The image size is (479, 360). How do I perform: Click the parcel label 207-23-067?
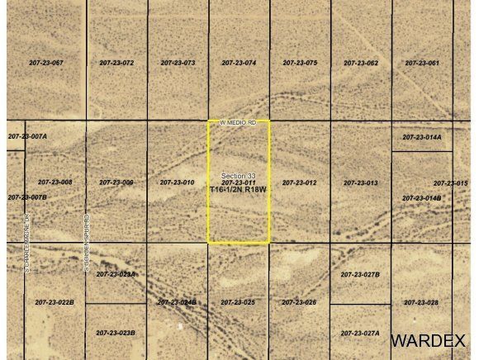(x=45, y=63)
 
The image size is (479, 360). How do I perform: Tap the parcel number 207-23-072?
(x=116, y=63)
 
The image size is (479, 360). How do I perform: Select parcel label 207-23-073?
(x=178, y=63)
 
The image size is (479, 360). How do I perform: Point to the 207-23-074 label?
(x=239, y=63)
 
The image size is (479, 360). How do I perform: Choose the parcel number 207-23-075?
(x=300, y=63)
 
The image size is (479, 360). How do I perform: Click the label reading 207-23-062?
(x=361, y=63)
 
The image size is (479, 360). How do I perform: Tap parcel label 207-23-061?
(x=422, y=63)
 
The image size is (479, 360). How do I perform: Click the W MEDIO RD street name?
(x=238, y=121)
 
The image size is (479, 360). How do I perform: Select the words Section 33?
(x=239, y=175)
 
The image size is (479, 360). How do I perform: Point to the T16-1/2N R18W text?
(x=239, y=189)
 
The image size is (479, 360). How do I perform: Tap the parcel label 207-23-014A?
(x=422, y=137)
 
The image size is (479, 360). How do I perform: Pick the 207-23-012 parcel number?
(x=300, y=182)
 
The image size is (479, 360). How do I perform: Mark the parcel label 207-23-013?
(x=361, y=182)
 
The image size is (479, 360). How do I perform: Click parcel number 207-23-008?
(x=55, y=182)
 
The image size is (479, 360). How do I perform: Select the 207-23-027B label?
(x=360, y=274)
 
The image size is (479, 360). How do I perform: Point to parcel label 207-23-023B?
(x=116, y=333)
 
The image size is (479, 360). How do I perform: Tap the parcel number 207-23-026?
(x=299, y=302)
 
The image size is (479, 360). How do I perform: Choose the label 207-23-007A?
(x=27, y=135)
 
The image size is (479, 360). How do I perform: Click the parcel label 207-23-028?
(x=422, y=302)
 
